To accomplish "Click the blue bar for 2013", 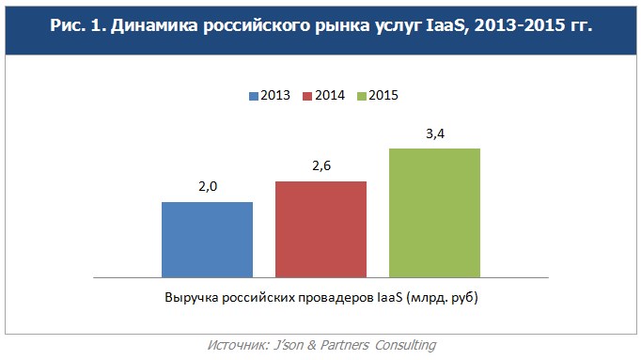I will pyautogui.click(x=207, y=239).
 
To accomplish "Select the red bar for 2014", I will pyautogui.click(x=320, y=228).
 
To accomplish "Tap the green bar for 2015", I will pyautogui.click(x=434, y=212).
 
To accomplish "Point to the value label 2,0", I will pyautogui.click(x=207, y=187).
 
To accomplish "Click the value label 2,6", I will pyautogui.click(x=320, y=166).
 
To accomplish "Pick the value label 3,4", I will pyautogui.click(x=434, y=133).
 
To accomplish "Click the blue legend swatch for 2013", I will pyautogui.click(x=254, y=95).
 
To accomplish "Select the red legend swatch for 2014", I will pyautogui.click(x=307, y=95).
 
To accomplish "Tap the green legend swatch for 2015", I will pyautogui.click(x=362, y=95).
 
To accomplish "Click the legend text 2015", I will pyautogui.click(x=384, y=95).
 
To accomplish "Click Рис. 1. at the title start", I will pyautogui.click(x=74, y=26).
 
